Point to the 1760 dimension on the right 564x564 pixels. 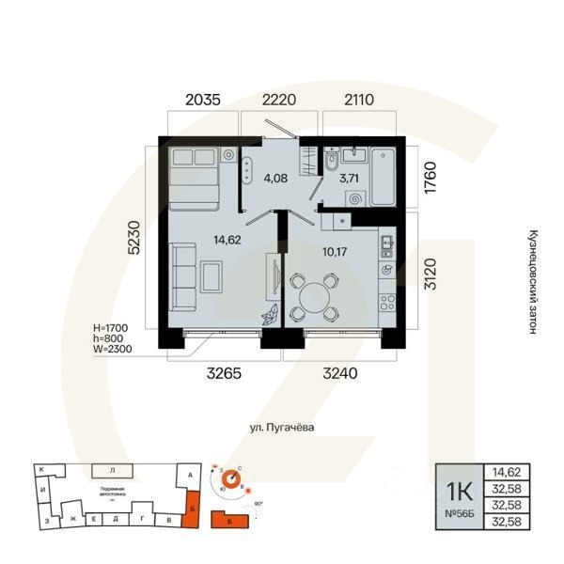pyautogui.click(x=431, y=177)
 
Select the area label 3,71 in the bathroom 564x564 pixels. pyautogui.click(x=350, y=177)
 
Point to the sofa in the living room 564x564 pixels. pyautogui.click(x=184, y=277)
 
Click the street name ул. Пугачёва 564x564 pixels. pyautogui.click(x=281, y=427)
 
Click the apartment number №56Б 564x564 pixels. pyautogui.click(x=458, y=515)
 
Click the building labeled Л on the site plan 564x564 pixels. pyautogui.click(x=112, y=468)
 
